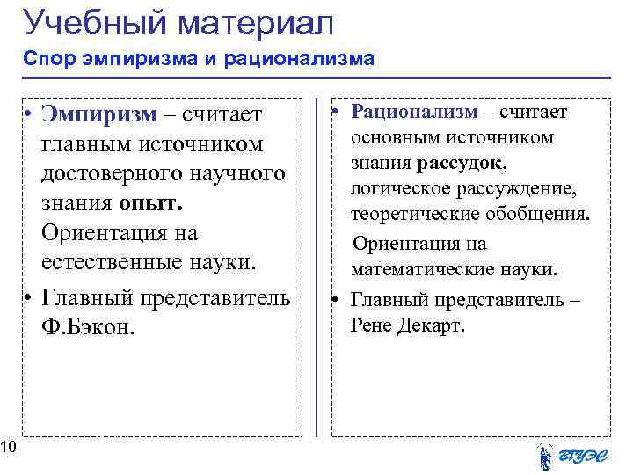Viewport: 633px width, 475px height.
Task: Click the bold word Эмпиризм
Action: point(98,113)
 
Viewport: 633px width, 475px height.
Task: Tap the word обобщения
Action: point(546,215)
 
